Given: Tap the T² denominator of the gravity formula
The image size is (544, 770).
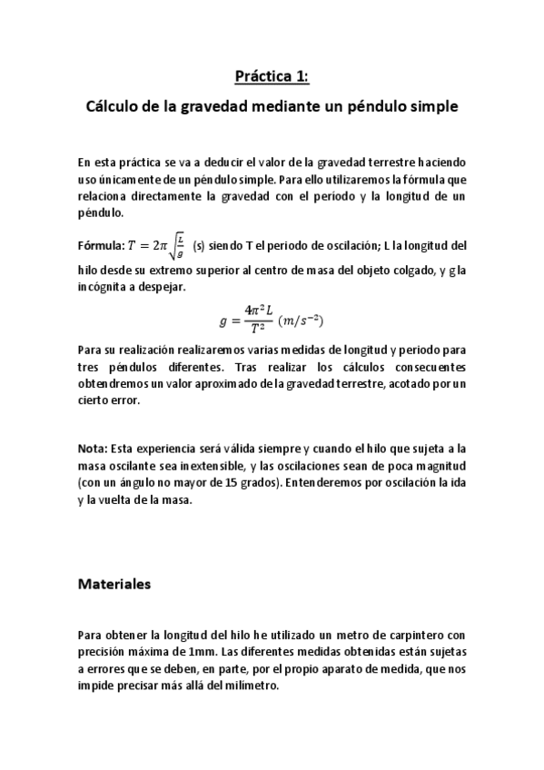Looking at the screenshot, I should pyautogui.click(x=260, y=330).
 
